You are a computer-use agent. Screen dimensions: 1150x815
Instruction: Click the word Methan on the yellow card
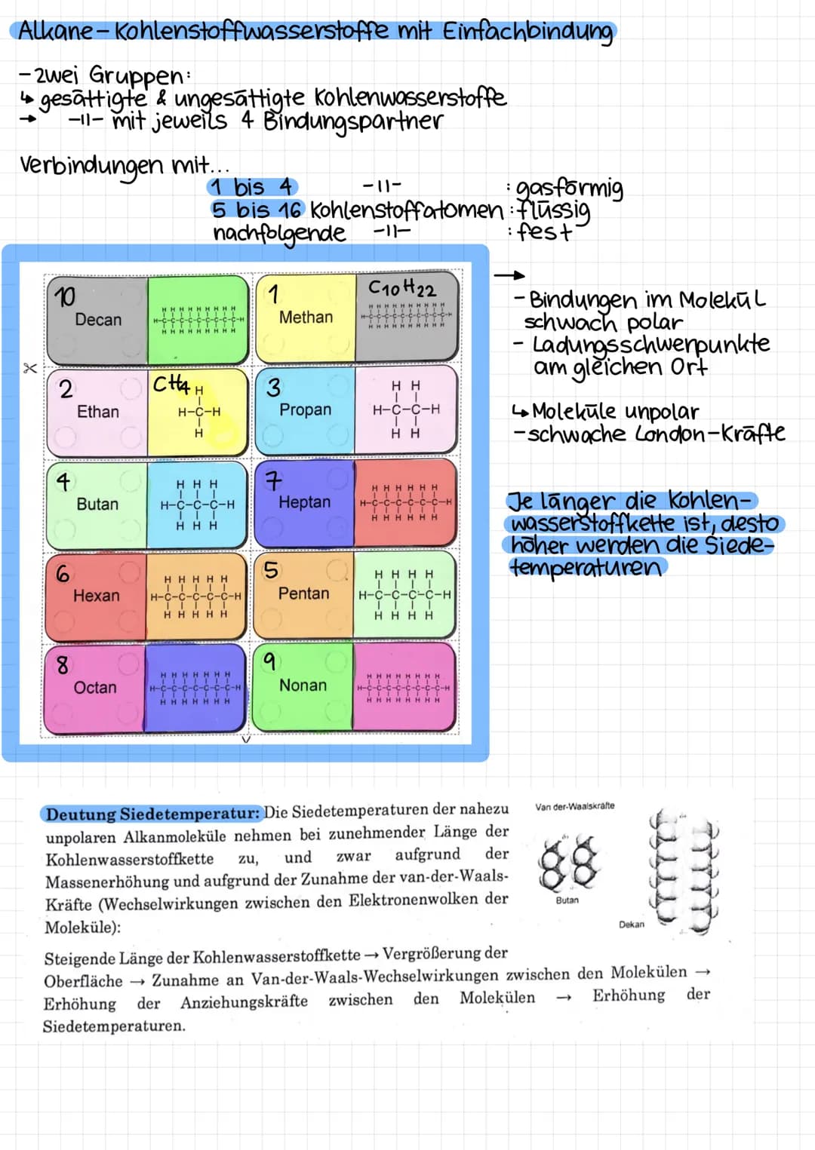point(306,317)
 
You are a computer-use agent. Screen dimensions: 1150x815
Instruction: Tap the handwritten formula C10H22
point(401,287)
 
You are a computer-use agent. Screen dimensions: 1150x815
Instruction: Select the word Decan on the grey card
point(98,320)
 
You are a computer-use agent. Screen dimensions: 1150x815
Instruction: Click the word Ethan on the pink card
point(98,412)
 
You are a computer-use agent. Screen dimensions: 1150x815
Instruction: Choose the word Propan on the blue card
point(305,409)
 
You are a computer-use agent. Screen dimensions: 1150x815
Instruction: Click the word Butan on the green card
point(97,504)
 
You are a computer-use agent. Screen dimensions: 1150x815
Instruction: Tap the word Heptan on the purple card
point(304,502)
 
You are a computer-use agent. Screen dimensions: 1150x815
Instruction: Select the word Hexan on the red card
point(97,596)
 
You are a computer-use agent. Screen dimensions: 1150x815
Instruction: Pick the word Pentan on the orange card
point(303,593)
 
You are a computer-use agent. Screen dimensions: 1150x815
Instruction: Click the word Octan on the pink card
point(95,688)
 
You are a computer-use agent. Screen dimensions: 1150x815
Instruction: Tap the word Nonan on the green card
point(303,685)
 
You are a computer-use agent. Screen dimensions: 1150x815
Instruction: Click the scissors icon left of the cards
point(29,368)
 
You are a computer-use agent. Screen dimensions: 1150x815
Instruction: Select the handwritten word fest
point(544,232)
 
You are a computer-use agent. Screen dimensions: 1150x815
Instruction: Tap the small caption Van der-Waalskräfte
point(574,806)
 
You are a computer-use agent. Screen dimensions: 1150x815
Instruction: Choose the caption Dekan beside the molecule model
point(632,925)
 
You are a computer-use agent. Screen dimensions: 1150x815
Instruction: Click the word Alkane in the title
point(54,31)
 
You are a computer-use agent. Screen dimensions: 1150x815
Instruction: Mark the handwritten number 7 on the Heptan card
point(272,480)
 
